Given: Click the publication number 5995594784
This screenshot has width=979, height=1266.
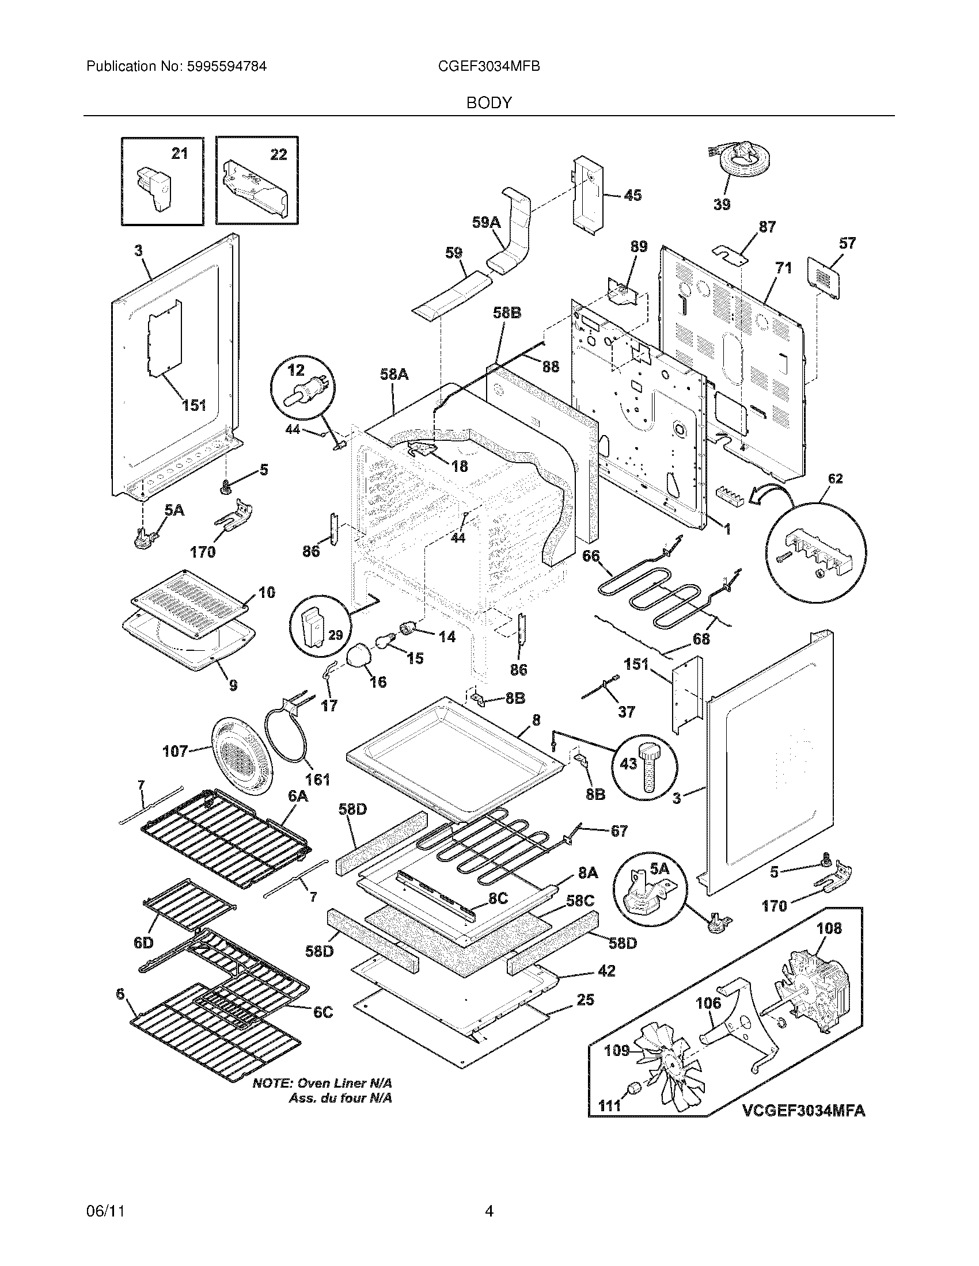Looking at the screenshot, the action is (227, 66).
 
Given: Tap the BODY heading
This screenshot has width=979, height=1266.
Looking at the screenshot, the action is (489, 102).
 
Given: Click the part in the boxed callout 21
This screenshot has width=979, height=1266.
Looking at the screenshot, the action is (153, 185).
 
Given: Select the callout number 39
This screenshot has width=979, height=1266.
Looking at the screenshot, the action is (722, 204).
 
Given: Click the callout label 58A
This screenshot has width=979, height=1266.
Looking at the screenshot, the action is (394, 375).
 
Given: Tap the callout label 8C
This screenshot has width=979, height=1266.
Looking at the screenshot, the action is (498, 898).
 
